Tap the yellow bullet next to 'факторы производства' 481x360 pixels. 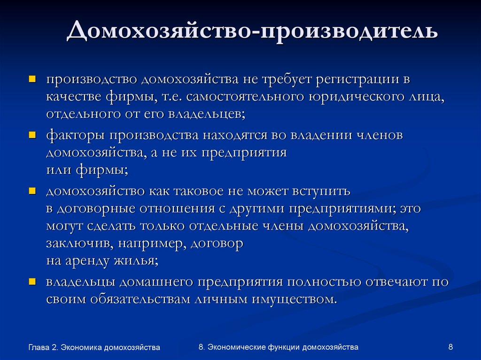(32, 136)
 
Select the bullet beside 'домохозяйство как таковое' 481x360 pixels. (32, 191)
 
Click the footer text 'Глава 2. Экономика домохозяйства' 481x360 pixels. (94, 347)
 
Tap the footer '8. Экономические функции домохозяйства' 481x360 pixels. (279, 347)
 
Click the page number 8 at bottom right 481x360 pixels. (451, 347)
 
